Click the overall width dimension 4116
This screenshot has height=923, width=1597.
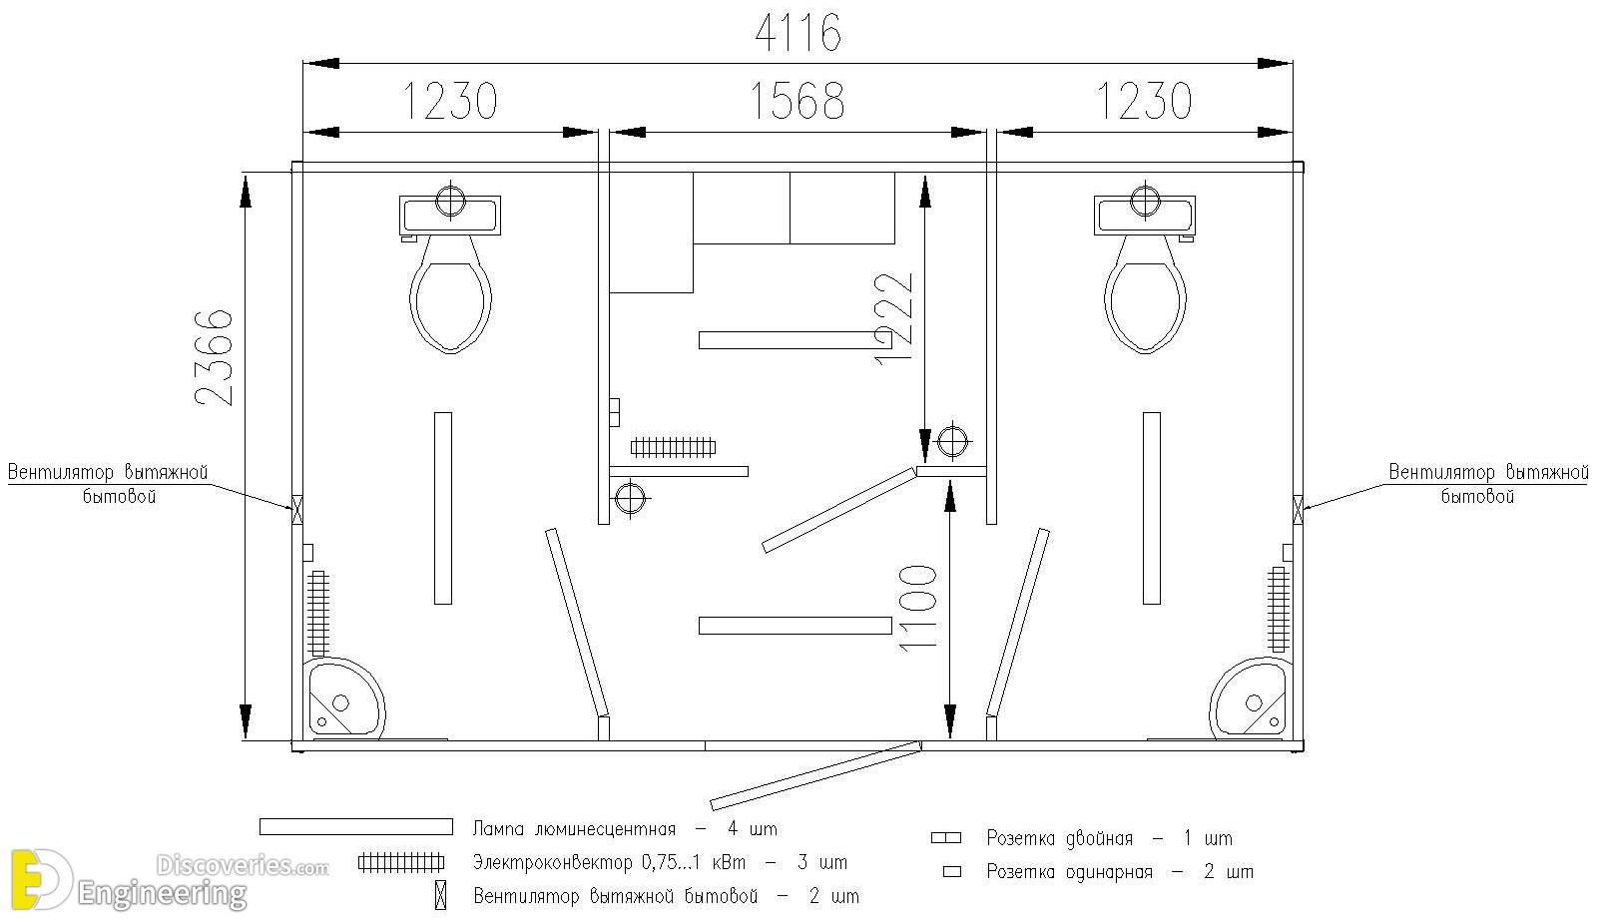click(798, 33)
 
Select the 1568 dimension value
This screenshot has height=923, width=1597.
click(798, 101)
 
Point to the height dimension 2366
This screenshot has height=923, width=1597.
click(214, 358)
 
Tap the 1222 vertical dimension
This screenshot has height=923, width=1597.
click(893, 318)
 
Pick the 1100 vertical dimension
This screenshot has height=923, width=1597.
click(917, 608)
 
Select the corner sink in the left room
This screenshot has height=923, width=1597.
click(343, 697)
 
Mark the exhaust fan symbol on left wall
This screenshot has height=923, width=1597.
click(297, 509)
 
